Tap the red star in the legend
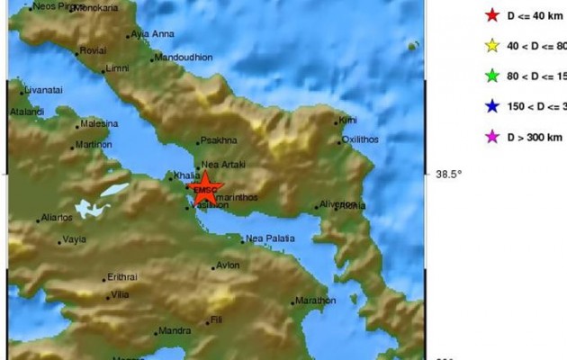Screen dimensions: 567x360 pos(490,14)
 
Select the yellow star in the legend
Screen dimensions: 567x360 pos(490,45)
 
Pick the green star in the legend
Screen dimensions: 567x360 pos(490,76)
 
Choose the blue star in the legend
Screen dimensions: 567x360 pos(490,106)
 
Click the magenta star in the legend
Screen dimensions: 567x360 pos(490,137)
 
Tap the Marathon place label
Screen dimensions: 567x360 pos(315,301)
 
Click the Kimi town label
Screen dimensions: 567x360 pos(347,120)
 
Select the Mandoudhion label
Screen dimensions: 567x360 pos(183,57)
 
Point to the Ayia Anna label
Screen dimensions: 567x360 pos(152,34)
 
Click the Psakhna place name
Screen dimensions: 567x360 pos(219,140)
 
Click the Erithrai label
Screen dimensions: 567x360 pos(121,276)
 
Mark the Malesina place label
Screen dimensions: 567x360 pos(99,123)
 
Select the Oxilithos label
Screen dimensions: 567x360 pos(360,140)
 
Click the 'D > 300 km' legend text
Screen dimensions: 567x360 pos(535,138)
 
